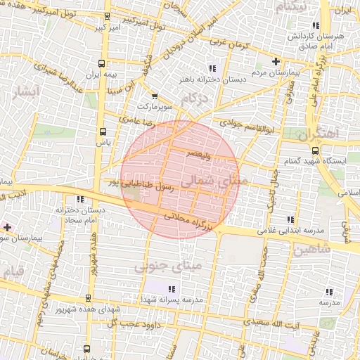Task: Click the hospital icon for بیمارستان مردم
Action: (276, 61)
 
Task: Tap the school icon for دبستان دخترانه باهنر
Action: (211, 68)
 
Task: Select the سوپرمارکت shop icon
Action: (155, 96)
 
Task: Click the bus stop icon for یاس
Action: (103, 131)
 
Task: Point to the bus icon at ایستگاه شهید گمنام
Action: (314, 150)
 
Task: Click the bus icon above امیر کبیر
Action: (107, 16)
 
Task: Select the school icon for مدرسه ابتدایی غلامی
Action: (290, 219)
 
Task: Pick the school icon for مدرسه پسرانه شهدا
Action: (172, 288)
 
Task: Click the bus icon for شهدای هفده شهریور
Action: (88, 297)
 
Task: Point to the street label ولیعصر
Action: (199, 152)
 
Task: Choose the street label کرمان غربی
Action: (233, 44)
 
